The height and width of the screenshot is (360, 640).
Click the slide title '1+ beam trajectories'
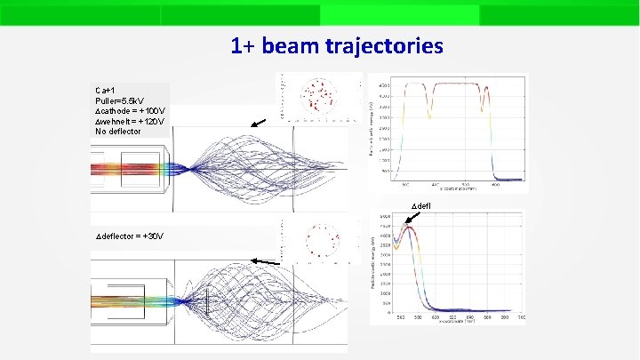[336, 45]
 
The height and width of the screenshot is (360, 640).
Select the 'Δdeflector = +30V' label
[129, 236]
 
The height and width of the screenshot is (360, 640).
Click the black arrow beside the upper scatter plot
[258, 124]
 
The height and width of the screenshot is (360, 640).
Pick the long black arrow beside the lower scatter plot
[265, 261]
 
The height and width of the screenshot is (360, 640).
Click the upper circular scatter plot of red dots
[316, 97]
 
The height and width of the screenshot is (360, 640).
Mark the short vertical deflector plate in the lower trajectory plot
[207, 302]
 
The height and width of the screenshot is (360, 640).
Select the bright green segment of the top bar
[399, 14]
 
